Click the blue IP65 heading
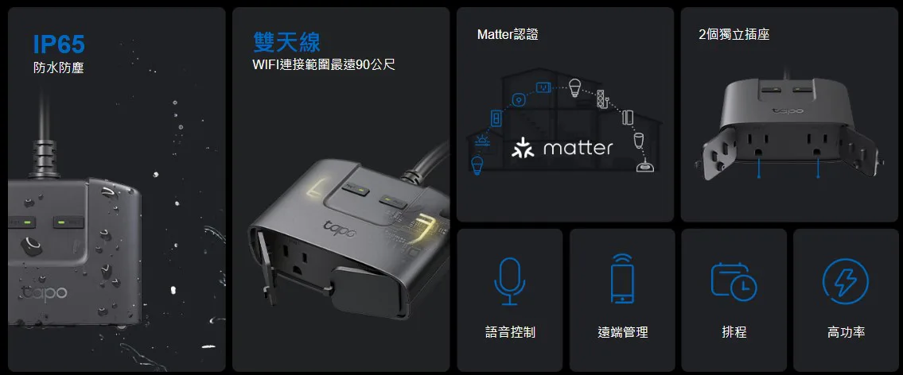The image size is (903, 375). click(x=59, y=44)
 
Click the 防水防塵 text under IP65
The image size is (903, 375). click(x=59, y=68)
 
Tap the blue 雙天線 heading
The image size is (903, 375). click(x=286, y=42)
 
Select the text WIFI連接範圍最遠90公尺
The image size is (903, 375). click(x=324, y=64)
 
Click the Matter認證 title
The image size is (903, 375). click(x=508, y=34)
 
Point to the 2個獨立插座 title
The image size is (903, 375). click(x=734, y=34)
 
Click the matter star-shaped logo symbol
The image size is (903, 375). click(x=523, y=148)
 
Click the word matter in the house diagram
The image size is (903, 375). click(x=578, y=149)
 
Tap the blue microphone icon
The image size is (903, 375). click(x=509, y=280)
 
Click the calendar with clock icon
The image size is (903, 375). click(x=734, y=281)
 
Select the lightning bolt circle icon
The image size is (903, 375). click(x=846, y=282)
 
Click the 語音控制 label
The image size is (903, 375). click(x=510, y=332)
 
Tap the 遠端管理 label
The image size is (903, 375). click(x=622, y=332)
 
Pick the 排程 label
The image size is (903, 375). click(x=734, y=332)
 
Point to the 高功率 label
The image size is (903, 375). click(x=846, y=332)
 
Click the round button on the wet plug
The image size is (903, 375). click(x=31, y=245)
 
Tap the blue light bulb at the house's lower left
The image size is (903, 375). click(x=477, y=164)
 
